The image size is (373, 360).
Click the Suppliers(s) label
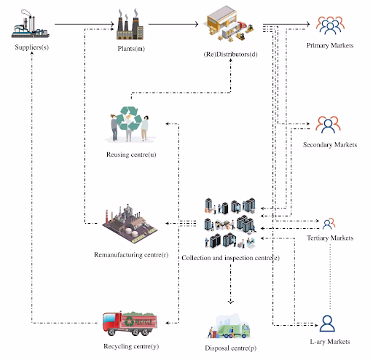tap(32, 47)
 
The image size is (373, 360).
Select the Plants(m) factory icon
tap(130, 24)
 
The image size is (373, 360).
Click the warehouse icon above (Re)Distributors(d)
tap(230, 23)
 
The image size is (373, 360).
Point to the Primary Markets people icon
tap(330, 26)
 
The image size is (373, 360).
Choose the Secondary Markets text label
tap(330, 145)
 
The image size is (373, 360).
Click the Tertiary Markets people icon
tap(329, 224)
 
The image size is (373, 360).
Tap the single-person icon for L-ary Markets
tap(327, 324)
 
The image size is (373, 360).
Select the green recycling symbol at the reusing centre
tap(129, 119)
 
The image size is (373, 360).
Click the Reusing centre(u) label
tap(131, 154)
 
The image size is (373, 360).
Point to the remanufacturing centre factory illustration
tap(130, 224)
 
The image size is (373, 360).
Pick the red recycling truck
tap(130, 324)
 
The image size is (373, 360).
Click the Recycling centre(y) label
tap(131, 346)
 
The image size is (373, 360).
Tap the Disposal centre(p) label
tap(230, 348)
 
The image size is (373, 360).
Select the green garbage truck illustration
tap(229, 326)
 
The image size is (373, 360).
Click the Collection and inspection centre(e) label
tap(230, 258)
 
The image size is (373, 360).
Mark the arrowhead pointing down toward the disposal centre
tap(230, 302)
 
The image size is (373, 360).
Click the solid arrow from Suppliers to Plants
tap(85, 24)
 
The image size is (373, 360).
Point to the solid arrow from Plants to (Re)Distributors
tap(173, 24)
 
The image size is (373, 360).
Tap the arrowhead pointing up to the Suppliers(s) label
tap(32, 53)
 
